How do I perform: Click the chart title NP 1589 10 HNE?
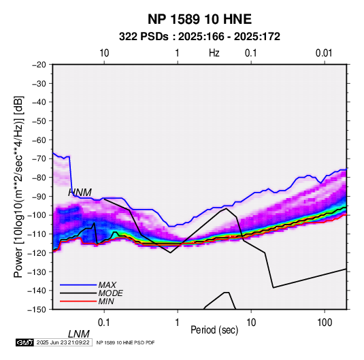pyautogui.click(x=199, y=19)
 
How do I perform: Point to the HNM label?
pyautogui.click(x=80, y=193)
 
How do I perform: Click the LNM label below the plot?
pyautogui.click(x=79, y=334)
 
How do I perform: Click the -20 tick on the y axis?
pyautogui.click(x=39, y=65)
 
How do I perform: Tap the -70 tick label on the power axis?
pyautogui.click(x=39, y=159)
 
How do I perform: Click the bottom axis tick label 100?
pyautogui.click(x=325, y=323)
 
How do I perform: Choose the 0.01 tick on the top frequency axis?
pyautogui.click(x=324, y=53)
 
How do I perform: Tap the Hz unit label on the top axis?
pyautogui.click(x=214, y=53)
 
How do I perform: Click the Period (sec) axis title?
pyautogui.click(x=214, y=330)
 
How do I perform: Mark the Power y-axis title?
pyautogui.click(x=18, y=187)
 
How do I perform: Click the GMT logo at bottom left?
pyautogui.click(x=25, y=342)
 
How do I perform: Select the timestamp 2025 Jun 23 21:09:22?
pyautogui.click(x=63, y=342)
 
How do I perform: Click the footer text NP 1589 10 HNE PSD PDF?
pyautogui.click(x=125, y=342)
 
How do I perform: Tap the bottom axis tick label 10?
pyautogui.click(x=251, y=323)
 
